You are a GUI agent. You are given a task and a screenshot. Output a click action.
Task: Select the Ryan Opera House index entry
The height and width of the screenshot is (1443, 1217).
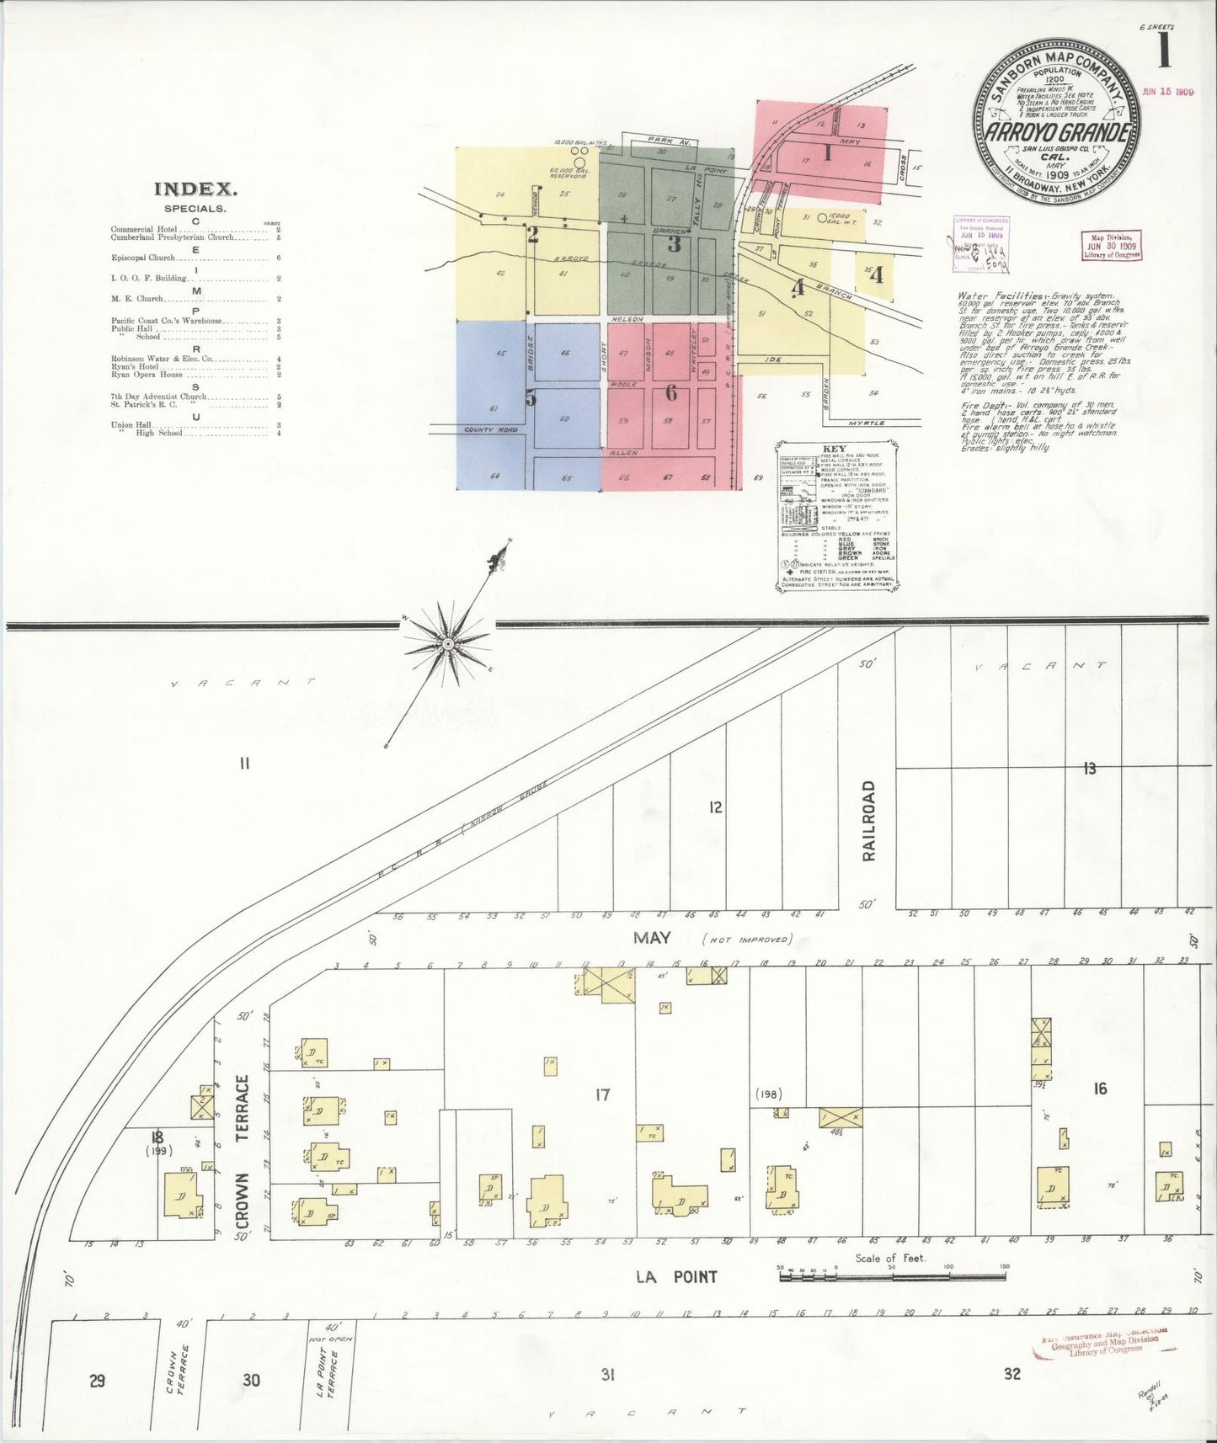pos(147,375)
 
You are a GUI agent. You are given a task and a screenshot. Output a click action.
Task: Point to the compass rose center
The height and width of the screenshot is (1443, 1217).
pos(448,644)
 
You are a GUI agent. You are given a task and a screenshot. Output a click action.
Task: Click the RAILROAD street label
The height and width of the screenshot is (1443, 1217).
pos(867,821)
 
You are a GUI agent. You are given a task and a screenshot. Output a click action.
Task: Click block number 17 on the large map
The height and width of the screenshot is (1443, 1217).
pos(601,1095)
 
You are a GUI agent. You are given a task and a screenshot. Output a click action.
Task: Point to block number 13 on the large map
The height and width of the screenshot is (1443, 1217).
pos(1090,768)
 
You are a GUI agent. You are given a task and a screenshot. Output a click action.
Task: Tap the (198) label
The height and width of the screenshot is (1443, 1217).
pos(769,1094)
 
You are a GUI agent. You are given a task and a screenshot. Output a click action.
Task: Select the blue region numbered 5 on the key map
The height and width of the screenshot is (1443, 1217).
pos(530,397)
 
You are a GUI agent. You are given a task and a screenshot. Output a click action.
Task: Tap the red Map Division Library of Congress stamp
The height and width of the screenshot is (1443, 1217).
pos(1111,245)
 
